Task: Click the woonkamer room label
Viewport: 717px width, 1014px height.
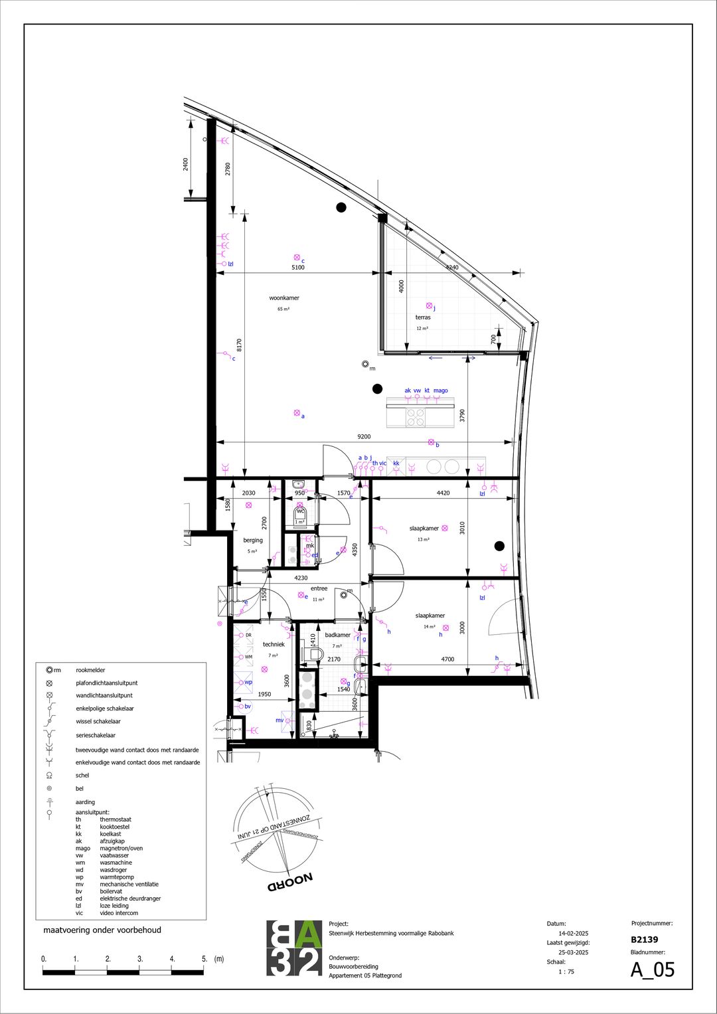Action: coord(284,298)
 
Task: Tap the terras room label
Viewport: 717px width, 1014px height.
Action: coord(423,317)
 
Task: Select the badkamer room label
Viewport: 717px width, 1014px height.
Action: coord(337,635)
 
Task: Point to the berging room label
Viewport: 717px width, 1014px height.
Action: coord(253,540)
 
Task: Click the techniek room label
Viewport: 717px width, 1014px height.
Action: coord(274,644)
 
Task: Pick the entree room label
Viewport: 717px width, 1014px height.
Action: coord(319,588)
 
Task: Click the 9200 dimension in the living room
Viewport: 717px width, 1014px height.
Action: coord(364,436)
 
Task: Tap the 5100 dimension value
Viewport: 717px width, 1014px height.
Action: coord(298,267)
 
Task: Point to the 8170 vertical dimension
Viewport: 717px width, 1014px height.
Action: coord(240,345)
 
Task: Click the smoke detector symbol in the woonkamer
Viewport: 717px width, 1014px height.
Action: coord(365,363)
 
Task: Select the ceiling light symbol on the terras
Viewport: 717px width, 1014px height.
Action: coord(429,305)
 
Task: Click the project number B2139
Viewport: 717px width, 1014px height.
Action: coord(644,940)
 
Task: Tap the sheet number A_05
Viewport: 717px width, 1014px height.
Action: coord(652,970)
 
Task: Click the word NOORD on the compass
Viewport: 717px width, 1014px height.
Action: coord(290,883)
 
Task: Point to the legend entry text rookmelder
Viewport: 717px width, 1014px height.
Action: coord(90,670)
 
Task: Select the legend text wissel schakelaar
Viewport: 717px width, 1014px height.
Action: coord(98,721)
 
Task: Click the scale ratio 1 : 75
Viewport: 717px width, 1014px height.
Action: coord(566,972)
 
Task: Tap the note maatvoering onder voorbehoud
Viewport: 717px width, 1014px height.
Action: coord(102,930)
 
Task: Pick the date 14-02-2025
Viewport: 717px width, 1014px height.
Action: coord(573,934)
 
